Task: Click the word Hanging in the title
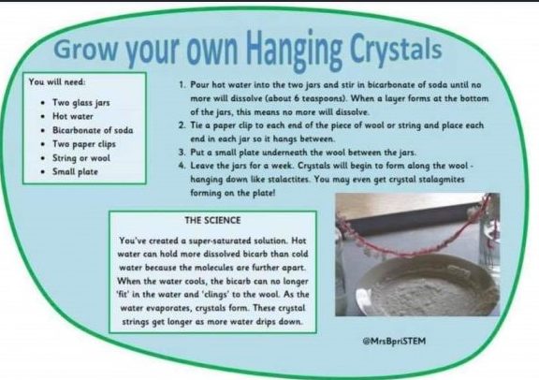point(295,50)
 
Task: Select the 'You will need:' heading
point(57,82)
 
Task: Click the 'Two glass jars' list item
point(81,103)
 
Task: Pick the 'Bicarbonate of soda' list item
point(93,130)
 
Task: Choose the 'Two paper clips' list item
point(84,144)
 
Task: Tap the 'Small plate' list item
point(75,171)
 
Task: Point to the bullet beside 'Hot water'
point(43,117)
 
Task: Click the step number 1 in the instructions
point(182,84)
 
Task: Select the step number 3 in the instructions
point(182,153)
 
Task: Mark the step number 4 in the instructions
point(182,166)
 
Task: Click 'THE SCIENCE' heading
point(212,220)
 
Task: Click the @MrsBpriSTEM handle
point(394,341)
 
